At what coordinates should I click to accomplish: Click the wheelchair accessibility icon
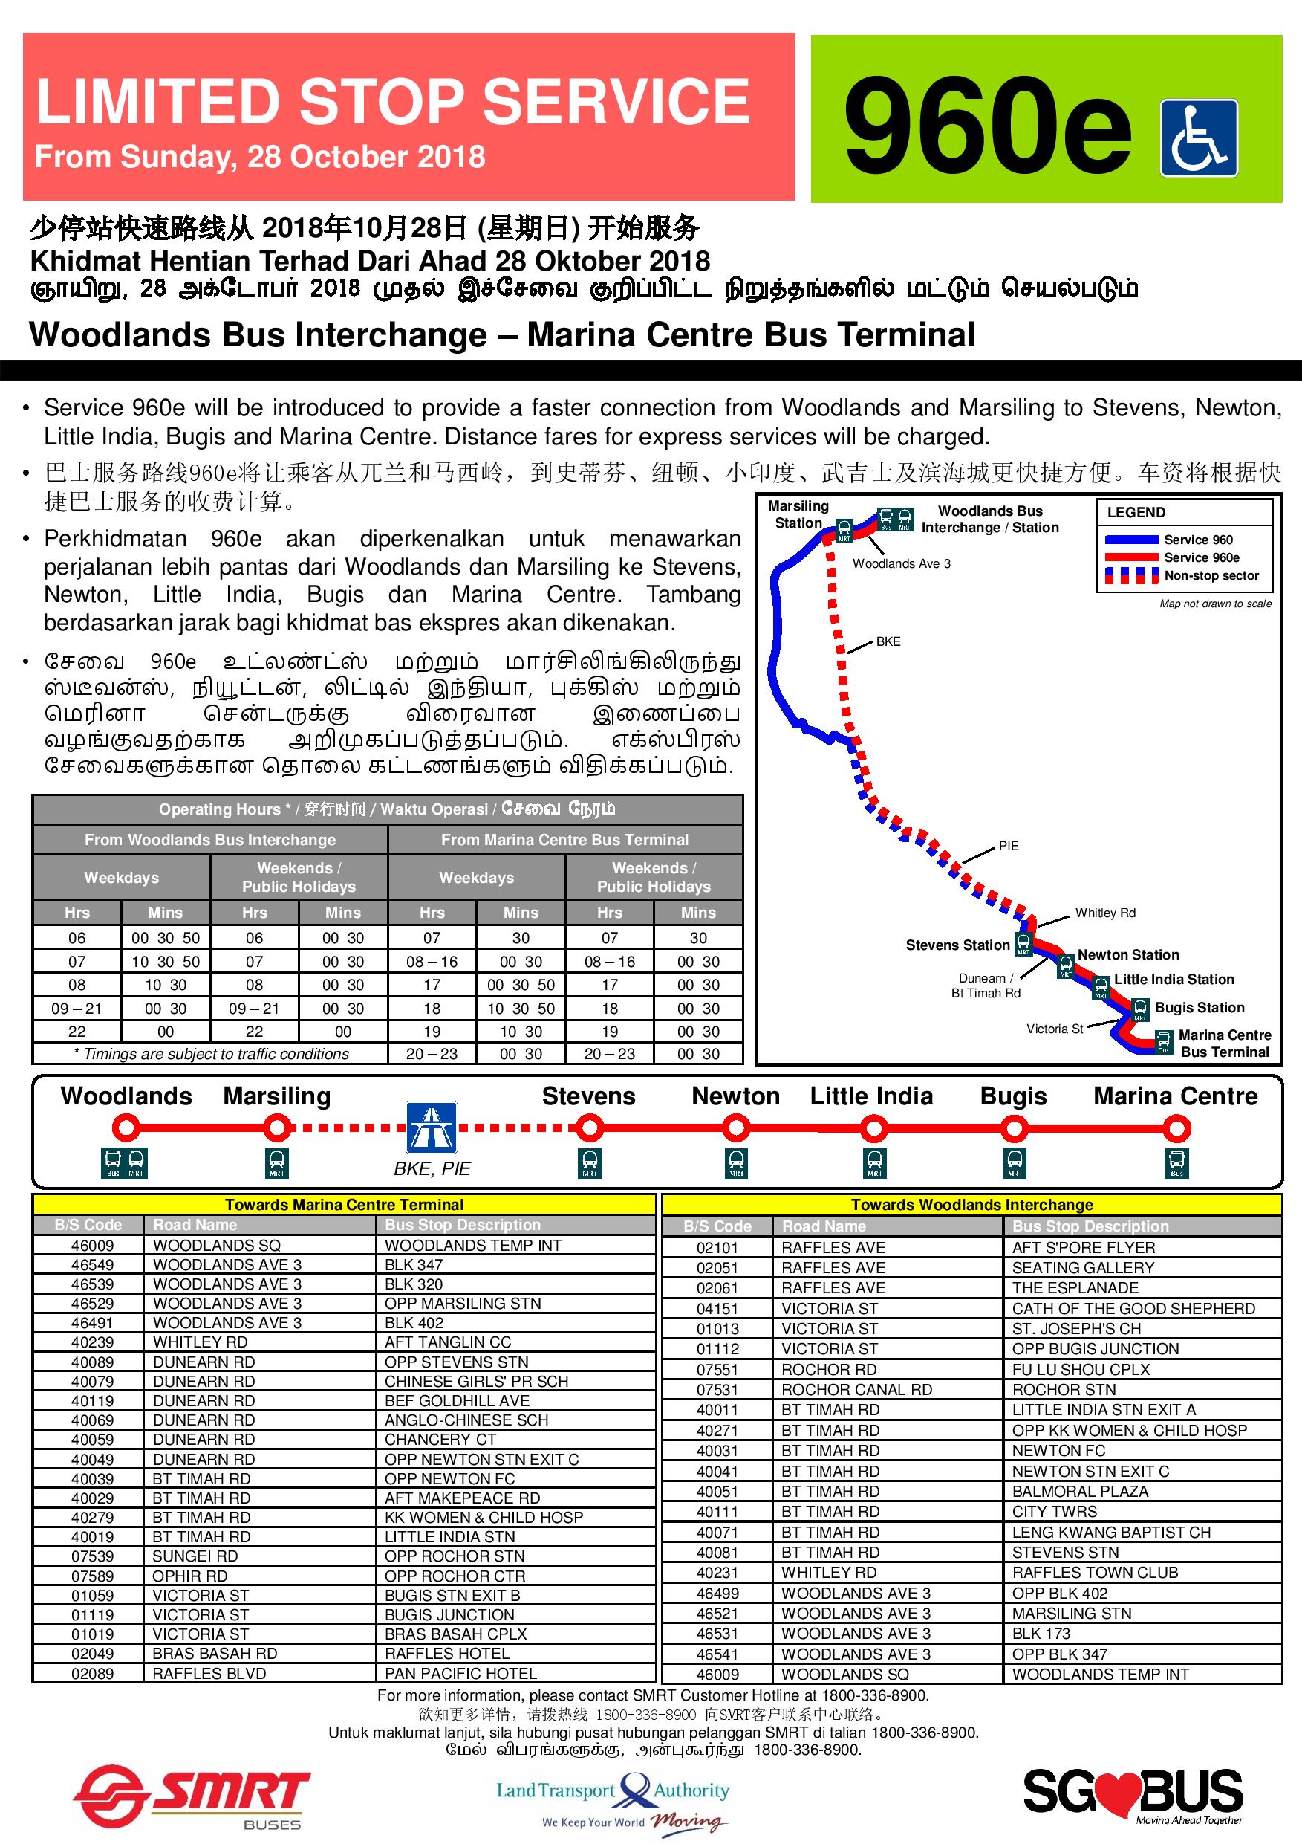tap(1199, 138)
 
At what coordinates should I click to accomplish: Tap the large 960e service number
tap(986, 127)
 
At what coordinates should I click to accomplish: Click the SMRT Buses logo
tap(192, 1796)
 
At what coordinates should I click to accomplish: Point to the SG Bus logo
tap(1133, 1793)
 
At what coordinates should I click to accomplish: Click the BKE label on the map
tap(888, 641)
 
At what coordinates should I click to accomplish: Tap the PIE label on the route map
tap(1008, 846)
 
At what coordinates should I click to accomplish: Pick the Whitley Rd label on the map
tap(1105, 913)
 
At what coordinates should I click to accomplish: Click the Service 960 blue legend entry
tap(1198, 540)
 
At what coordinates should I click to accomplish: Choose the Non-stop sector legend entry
tap(1211, 575)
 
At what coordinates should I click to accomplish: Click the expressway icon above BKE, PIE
tap(432, 1128)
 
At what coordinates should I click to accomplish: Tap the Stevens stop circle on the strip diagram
tap(589, 1129)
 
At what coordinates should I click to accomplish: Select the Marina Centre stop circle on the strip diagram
tap(1176, 1129)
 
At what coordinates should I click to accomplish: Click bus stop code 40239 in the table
tap(92, 1342)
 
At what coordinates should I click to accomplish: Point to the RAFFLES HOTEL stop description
tap(447, 1654)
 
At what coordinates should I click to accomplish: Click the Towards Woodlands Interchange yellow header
tap(971, 1205)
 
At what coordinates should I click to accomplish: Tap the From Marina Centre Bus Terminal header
tap(564, 839)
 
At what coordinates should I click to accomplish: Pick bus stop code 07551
tap(717, 1369)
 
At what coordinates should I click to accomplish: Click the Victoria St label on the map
tap(1055, 1029)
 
